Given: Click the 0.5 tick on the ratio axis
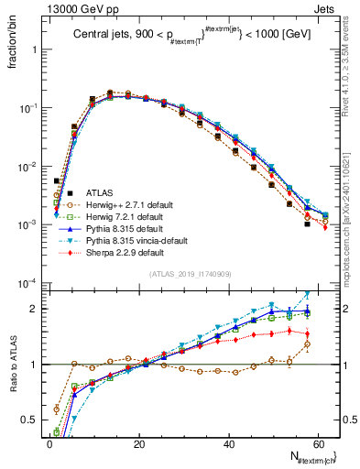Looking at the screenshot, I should click(30, 420).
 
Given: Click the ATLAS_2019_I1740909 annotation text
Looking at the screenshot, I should click(190, 274).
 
